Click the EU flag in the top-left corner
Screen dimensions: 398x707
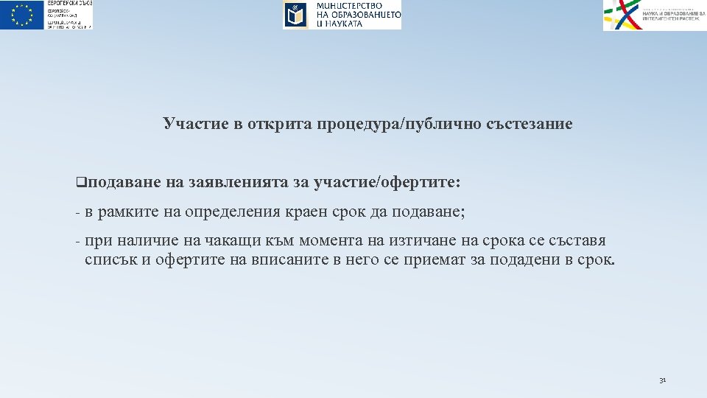pyautogui.click(x=22, y=15)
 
